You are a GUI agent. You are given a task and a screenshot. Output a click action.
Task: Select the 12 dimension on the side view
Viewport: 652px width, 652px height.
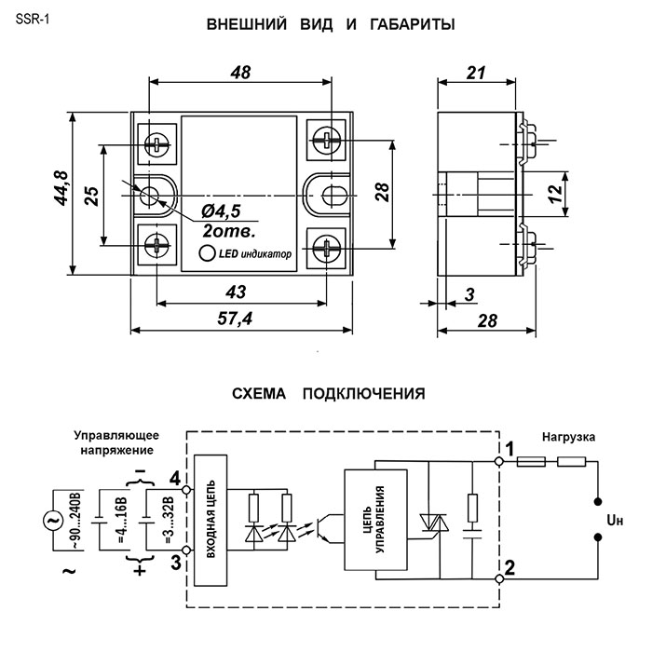coord(554,195)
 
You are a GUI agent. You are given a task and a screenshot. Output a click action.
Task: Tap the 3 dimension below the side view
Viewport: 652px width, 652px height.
coord(469,295)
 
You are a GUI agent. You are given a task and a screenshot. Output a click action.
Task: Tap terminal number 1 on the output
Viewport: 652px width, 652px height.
coord(509,449)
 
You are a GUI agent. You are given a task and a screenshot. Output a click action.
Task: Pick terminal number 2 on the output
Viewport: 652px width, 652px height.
coord(510,565)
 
